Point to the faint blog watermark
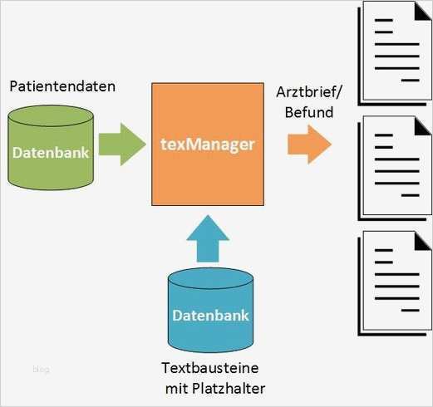pyautogui.click(x=41, y=369)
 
